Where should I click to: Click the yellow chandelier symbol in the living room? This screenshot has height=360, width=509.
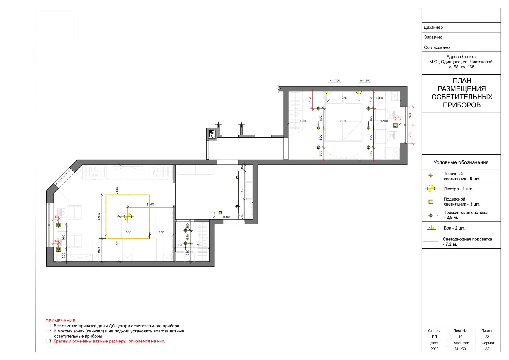(x=127, y=217)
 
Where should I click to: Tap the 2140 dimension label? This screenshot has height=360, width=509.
(x=117, y=191)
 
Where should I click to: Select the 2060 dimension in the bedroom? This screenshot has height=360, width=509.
(x=343, y=121)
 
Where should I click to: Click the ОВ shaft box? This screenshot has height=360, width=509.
(x=212, y=134)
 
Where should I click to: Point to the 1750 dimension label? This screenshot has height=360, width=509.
(x=242, y=192)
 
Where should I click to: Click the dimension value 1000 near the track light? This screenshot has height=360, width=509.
(x=226, y=217)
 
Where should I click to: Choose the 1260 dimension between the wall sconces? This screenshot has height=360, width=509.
(x=343, y=98)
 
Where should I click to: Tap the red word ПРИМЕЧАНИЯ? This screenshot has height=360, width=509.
(x=60, y=321)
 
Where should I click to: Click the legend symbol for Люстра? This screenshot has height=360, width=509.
(x=431, y=189)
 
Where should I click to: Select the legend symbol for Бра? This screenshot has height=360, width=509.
(x=431, y=228)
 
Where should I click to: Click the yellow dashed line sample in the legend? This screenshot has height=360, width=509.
(x=431, y=242)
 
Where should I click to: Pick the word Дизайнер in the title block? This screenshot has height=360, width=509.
(x=433, y=27)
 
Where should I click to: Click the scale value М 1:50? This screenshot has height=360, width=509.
(x=460, y=349)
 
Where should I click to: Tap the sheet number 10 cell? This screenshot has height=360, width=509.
(x=460, y=337)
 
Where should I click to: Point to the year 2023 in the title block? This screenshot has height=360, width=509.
(x=435, y=349)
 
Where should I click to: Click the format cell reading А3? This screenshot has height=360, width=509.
(x=487, y=349)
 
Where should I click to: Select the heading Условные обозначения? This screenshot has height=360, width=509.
(x=461, y=162)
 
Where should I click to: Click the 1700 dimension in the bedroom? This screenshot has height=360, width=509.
(x=379, y=98)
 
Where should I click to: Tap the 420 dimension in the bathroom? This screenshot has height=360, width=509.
(x=181, y=245)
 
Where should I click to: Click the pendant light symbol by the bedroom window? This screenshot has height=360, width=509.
(x=395, y=125)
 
